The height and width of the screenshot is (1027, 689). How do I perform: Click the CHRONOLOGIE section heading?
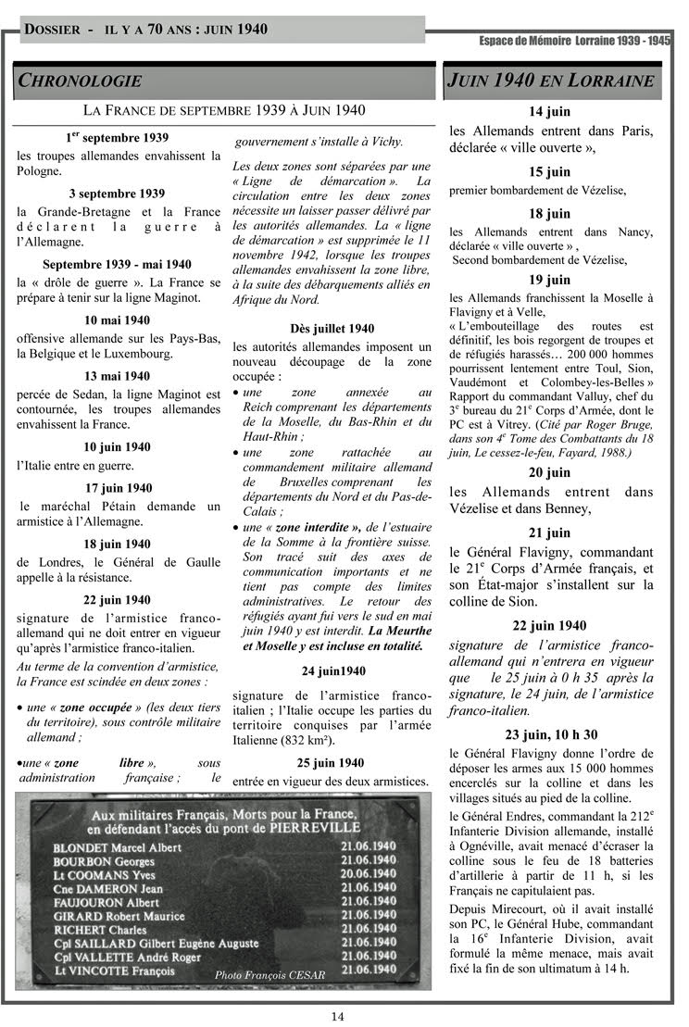(x=81, y=81)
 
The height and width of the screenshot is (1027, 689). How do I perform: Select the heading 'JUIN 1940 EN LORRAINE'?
(x=552, y=81)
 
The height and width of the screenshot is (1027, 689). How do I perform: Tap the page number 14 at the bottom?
(x=338, y=1016)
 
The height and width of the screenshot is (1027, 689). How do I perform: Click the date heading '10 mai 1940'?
(x=117, y=320)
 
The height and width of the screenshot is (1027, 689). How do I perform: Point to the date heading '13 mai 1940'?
(x=117, y=376)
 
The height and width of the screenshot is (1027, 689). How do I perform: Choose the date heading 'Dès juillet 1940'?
(x=331, y=328)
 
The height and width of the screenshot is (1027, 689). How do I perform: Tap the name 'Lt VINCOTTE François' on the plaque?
(x=114, y=971)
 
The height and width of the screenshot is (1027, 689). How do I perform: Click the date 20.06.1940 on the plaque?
(x=368, y=872)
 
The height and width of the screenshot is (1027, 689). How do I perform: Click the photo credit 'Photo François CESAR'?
(x=265, y=976)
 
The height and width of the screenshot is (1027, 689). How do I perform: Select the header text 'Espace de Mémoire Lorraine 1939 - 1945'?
(x=574, y=42)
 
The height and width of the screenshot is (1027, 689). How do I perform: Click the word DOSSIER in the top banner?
(x=52, y=30)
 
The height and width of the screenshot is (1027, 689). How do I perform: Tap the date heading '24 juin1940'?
(x=332, y=670)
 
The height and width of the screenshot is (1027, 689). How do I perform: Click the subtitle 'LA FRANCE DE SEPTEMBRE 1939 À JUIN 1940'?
(x=224, y=110)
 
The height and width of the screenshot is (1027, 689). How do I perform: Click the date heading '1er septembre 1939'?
(x=117, y=138)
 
